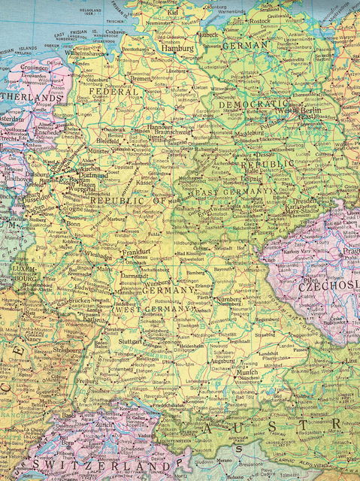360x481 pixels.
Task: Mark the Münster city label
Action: click(98, 150)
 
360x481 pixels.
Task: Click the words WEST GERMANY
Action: click(153, 310)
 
